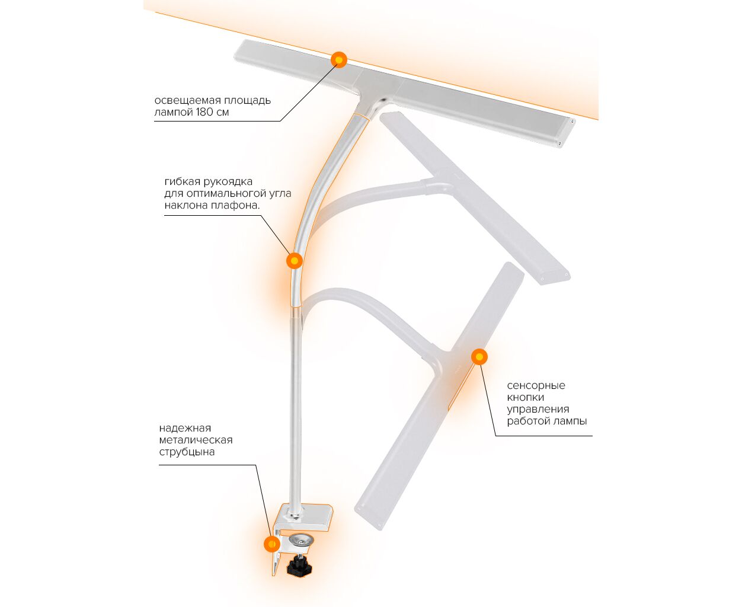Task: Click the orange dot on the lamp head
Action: [x=338, y=60]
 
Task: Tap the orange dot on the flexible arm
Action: [x=294, y=261]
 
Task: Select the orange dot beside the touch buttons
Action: [x=479, y=357]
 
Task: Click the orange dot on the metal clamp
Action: [x=271, y=544]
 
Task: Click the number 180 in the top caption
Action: [x=206, y=112]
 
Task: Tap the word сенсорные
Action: [x=536, y=386]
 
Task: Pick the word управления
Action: [x=538, y=410]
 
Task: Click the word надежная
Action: [x=185, y=428]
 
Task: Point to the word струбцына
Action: [x=187, y=452]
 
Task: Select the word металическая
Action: [x=196, y=440]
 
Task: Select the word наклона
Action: [x=185, y=206]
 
